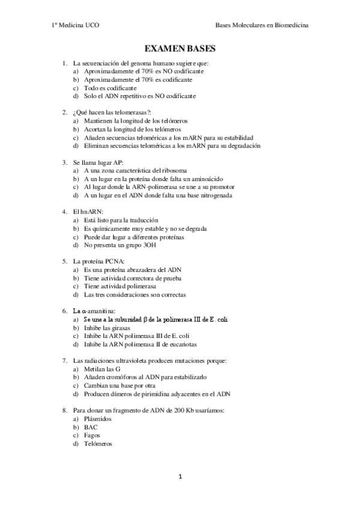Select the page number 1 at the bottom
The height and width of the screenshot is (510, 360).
pyautogui.click(x=180, y=477)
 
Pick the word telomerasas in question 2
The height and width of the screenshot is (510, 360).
pyautogui.click(x=122, y=112)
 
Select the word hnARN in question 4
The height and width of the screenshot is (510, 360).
pyautogui.click(x=91, y=212)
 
